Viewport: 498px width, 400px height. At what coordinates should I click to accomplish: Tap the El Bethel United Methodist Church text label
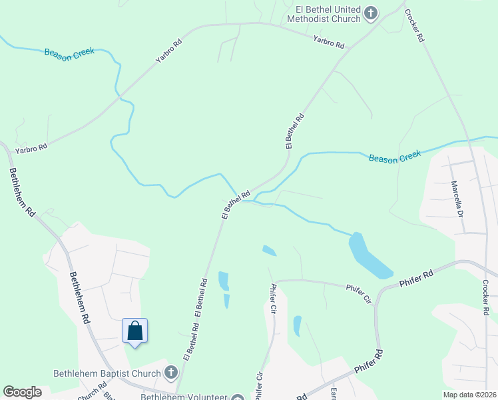324,14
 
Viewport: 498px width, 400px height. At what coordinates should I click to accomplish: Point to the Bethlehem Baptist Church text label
108,373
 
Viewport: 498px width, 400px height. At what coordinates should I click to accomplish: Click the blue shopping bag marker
134,331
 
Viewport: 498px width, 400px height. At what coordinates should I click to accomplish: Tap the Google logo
22,392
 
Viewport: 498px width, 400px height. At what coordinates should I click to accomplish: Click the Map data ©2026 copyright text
469,395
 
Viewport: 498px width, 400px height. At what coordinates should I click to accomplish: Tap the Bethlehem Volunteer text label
184,396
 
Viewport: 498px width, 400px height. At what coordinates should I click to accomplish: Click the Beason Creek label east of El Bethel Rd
395,158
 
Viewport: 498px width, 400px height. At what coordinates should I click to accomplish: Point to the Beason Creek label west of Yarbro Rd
69,52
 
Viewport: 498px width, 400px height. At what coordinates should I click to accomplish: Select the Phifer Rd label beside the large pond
417,279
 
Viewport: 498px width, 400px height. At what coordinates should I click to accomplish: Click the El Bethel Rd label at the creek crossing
236,204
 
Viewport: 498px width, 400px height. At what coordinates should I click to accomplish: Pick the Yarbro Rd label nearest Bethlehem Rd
33,145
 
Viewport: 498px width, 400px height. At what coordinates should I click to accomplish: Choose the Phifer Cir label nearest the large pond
358,291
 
